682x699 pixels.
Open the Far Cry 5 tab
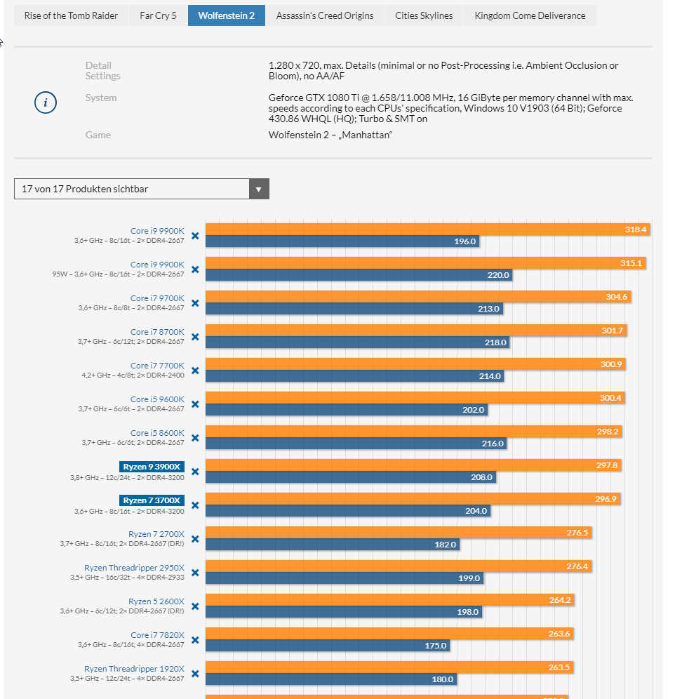(x=158, y=15)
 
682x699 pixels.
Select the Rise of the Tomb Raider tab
(x=72, y=15)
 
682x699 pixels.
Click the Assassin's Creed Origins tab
(x=325, y=15)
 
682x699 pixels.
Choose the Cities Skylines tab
(x=424, y=15)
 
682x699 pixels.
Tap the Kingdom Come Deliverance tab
(x=530, y=15)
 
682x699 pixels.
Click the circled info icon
(x=46, y=102)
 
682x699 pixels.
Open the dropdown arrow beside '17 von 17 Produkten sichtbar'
(x=259, y=189)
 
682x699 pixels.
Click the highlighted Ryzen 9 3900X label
(x=152, y=467)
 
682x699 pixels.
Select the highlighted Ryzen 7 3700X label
(x=152, y=500)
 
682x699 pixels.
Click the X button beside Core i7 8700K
(x=195, y=337)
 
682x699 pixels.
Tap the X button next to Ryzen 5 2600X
(x=195, y=606)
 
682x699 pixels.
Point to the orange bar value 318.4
(x=636, y=229)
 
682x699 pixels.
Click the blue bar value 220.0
(x=498, y=275)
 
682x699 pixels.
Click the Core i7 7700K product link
(x=157, y=366)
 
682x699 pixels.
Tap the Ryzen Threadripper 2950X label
(x=134, y=568)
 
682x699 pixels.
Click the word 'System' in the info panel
(x=101, y=98)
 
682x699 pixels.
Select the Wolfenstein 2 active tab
(x=226, y=15)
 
